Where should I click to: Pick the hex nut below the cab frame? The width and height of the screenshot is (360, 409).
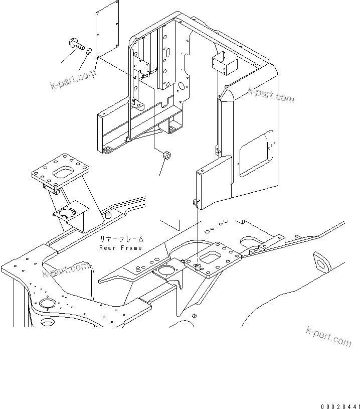click(x=166, y=155)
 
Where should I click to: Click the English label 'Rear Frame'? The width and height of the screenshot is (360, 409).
click(x=120, y=248)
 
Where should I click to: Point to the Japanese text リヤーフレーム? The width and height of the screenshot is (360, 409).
click(x=120, y=239)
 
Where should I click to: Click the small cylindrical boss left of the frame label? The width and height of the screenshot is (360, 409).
click(x=107, y=216)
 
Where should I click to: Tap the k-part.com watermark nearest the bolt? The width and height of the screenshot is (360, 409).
click(x=73, y=79)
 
